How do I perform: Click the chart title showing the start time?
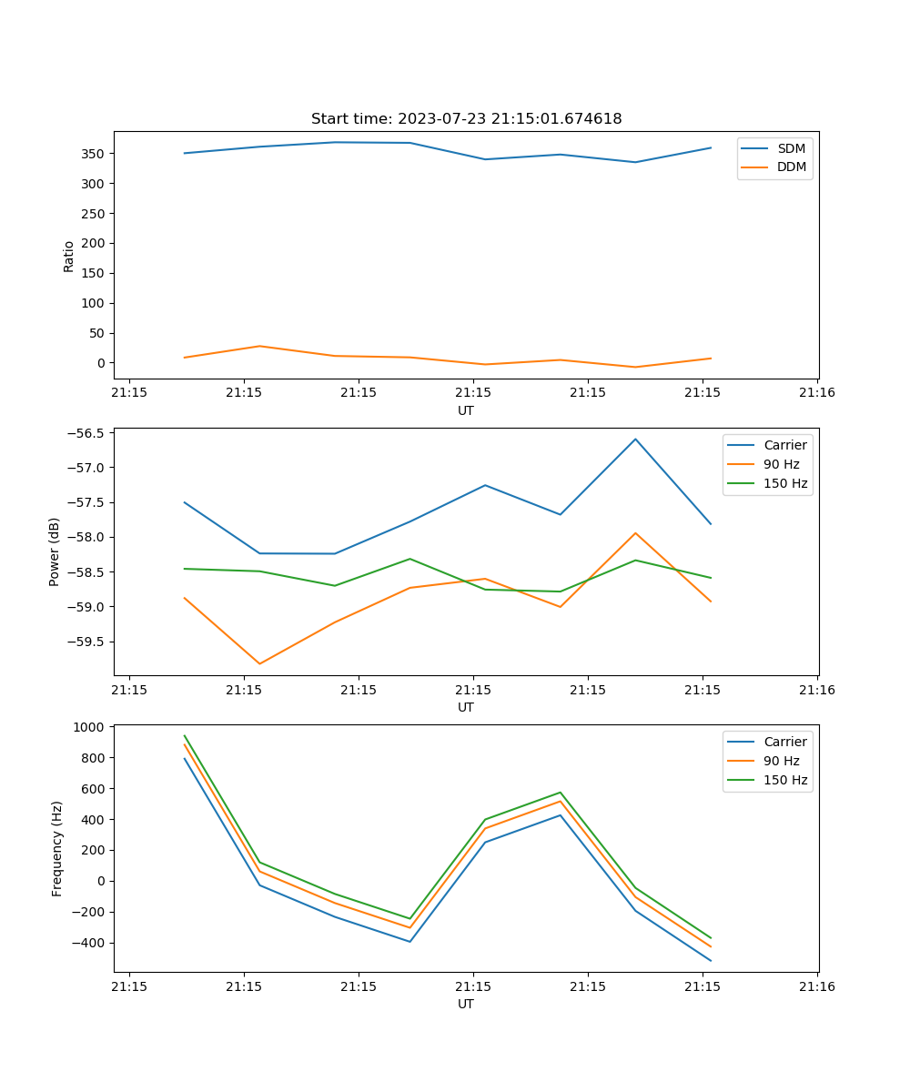pyautogui.click(x=466, y=119)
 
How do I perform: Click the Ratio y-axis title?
pyautogui.click(x=69, y=256)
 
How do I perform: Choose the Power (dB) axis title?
pyautogui.click(x=55, y=551)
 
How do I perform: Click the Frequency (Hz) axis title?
pyautogui.click(x=56, y=848)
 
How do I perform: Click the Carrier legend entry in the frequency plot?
pyautogui.click(x=784, y=742)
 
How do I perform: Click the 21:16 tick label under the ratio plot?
pyautogui.click(x=817, y=393)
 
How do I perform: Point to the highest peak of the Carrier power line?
pyautogui.click(x=635, y=440)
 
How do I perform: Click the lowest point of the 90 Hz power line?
pyautogui.click(x=259, y=663)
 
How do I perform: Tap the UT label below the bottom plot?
pyautogui.click(x=466, y=1004)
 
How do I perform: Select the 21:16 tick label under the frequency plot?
pyautogui.click(x=817, y=986)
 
